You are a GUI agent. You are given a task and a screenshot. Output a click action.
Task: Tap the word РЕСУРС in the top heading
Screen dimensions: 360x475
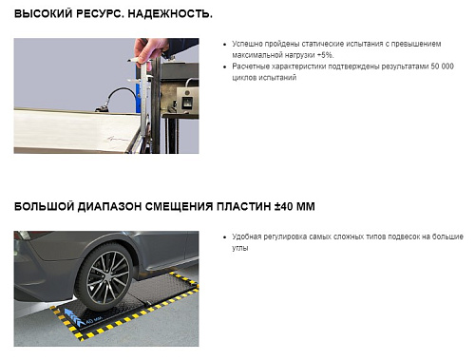click(x=109, y=15)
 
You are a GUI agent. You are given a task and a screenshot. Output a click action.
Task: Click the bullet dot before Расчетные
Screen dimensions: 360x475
click(x=223, y=66)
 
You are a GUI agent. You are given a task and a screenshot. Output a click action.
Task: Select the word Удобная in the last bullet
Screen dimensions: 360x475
click(x=249, y=236)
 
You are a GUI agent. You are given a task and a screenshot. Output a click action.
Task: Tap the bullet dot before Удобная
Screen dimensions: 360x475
click(x=223, y=236)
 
